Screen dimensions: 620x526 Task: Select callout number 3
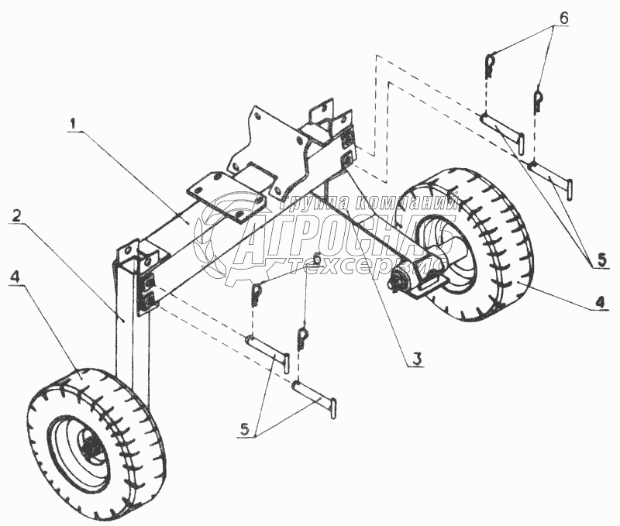click(416, 359)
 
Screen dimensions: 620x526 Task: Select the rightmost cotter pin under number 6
click(537, 98)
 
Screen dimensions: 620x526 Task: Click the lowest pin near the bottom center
click(316, 395)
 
